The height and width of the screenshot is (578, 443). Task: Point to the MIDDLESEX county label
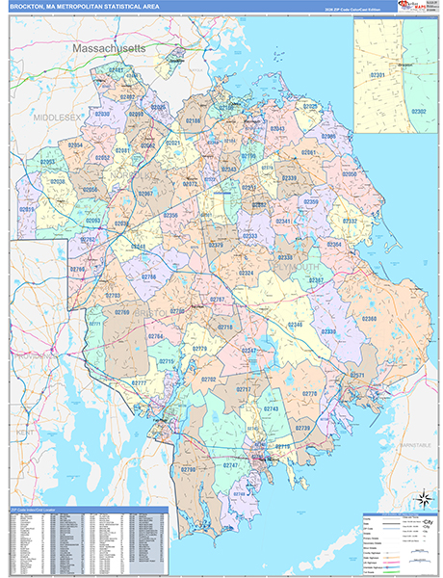coord(56,115)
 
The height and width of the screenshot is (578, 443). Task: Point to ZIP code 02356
coord(169,215)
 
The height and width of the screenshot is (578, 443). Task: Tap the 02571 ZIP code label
coord(356,375)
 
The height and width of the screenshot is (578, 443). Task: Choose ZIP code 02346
coord(294,326)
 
